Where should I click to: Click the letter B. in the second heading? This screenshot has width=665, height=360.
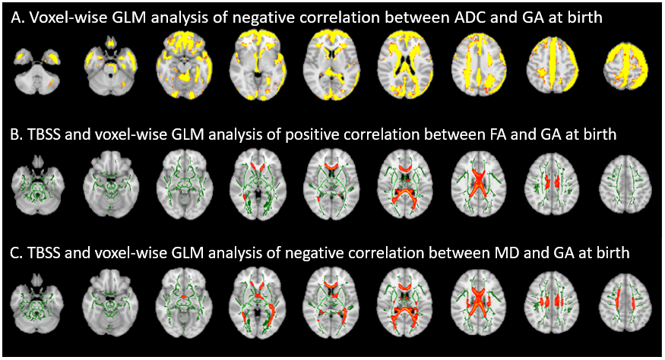(17, 136)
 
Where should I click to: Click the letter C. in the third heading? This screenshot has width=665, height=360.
(17, 253)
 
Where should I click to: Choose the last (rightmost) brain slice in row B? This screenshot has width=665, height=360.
(622, 183)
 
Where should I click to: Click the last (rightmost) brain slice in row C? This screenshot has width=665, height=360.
(622, 301)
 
